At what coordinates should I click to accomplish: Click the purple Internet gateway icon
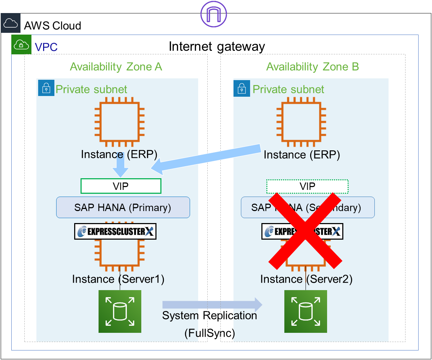click(213, 14)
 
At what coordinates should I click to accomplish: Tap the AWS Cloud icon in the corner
click(11, 23)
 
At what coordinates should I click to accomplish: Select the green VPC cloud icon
click(22, 45)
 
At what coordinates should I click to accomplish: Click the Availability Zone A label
click(116, 67)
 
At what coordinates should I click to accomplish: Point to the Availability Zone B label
click(312, 67)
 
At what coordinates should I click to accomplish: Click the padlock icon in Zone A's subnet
click(46, 88)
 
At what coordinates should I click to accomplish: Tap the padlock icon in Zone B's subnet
click(242, 88)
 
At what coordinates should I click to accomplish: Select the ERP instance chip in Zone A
click(119, 122)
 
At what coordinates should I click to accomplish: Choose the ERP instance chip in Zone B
click(301, 122)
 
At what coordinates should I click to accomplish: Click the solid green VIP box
click(121, 186)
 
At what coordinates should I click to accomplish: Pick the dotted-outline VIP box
click(307, 186)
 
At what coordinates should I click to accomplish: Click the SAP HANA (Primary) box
click(123, 208)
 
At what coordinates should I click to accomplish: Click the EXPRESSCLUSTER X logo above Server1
click(115, 232)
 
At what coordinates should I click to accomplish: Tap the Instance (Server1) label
click(118, 279)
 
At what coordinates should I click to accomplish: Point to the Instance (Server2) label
click(306, 279)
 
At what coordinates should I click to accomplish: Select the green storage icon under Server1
click(120, 311)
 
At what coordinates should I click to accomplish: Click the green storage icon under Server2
click(306, 311)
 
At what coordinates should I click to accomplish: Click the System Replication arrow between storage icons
click(212, 305)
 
